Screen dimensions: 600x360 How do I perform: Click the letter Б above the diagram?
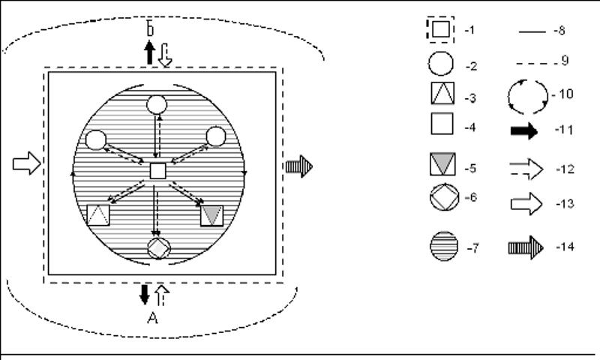click(x=150, y=30)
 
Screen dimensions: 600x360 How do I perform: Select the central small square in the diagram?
click(x=157, y=171)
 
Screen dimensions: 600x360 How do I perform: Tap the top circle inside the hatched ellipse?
click(x=157, y=104)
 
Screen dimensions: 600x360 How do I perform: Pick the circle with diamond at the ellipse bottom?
click(x=158, y=248)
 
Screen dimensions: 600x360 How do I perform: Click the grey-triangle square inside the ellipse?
click(x=212, y=214)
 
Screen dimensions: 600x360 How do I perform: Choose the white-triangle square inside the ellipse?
click(x=98, y=215)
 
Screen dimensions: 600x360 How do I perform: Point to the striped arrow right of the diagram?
click(x=298, y=166)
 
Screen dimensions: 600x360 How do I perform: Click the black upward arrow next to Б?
click(x=149, y=52)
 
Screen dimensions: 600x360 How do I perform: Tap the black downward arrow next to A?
click(x=145, y=294)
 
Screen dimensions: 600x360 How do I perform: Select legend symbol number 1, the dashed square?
click(x=440, y=30)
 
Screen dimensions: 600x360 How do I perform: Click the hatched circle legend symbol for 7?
click(x=442, y=247)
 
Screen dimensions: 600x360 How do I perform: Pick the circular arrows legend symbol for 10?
click(x=528, y=95)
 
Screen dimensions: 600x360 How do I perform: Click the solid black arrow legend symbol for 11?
click(x=524, y=131)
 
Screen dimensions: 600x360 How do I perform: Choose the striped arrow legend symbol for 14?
click(x=526, y=247)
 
